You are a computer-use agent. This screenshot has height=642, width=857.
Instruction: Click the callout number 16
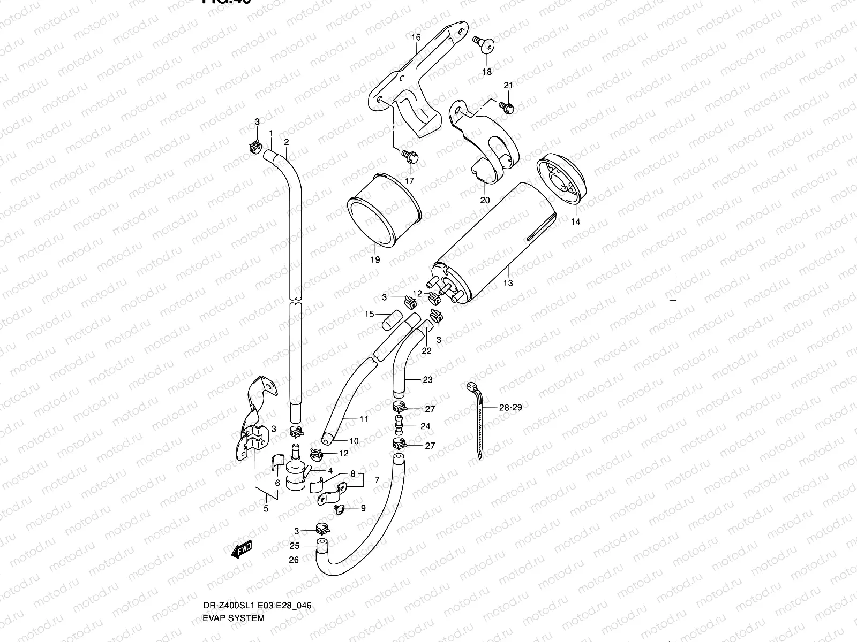pos(416,37)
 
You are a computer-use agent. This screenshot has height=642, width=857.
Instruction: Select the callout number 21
pos(508,86)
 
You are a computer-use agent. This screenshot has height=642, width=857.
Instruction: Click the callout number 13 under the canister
pos(508,283)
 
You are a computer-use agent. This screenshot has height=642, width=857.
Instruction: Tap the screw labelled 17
pos(410,157)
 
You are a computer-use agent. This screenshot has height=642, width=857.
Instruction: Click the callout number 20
pos(485,201)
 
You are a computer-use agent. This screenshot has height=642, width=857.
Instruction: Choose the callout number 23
pos(427,380)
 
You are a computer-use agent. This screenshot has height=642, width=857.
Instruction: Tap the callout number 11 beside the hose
pos(364,419)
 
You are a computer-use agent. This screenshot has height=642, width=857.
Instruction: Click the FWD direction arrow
pos(242,549)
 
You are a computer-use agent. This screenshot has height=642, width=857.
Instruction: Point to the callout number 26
pos(294,560)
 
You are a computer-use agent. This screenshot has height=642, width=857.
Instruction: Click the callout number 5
pos(266,509)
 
